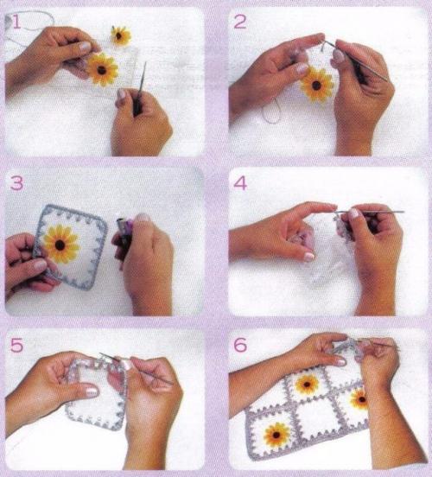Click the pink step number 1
[x=16, y=22]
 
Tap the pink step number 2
[x=240, y=22]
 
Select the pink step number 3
[x=16, y=183]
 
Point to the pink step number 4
[x=240, y=183]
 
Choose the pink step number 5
[x=16, y=346]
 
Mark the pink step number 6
[x=240, y=346]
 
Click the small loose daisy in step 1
[x=120, y=36]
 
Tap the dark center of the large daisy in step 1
[x=102, y=70]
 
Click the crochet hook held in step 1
[x=140, y=89]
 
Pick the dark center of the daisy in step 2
[x=316, y=86]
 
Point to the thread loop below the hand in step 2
[x=270, y=111]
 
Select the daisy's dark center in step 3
[x=60, y=245]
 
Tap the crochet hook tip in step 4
[x=403, y=212]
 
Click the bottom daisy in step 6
[x=276, y=435]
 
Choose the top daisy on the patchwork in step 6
[x=307, y=385]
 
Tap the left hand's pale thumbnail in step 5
[x=92, y=391]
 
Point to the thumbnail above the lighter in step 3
[x=143, y=217]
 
